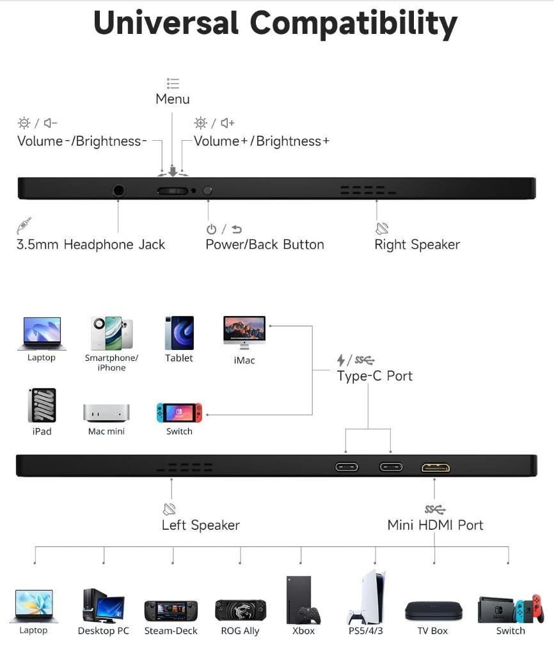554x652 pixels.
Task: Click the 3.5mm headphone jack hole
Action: (x=119, y=191)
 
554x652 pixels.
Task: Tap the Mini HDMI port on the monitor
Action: (x=436, y=467)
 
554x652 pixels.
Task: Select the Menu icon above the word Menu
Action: (x=173, y=84)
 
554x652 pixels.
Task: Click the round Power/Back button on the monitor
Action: (x=207, y=191)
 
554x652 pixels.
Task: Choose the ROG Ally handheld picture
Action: (x=241, y=610)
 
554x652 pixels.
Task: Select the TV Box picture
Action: (x=434, y=611)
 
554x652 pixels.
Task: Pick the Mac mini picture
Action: (x=106, y=413)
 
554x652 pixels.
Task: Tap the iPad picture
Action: (x=42, y=406)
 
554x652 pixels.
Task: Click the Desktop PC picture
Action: (x=104, y=605)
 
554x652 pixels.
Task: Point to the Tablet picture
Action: (x=180, y=333)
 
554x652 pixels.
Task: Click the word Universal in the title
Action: (x=166, y=23)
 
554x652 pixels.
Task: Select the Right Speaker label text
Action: (x=417, y=244)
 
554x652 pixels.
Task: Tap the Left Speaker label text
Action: (x=201, y=525)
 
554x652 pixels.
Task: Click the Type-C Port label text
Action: (x=375, y=376)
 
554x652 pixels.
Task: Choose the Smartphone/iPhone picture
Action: (x=112, y=333)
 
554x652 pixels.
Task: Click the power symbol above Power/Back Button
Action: (x=212, y=229)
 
